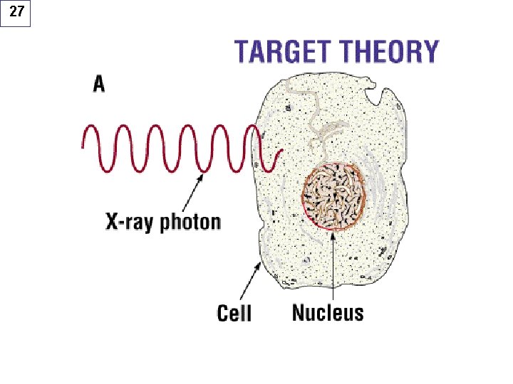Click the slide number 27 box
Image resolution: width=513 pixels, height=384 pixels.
(x=16, y=14)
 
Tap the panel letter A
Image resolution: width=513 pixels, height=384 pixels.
(x=99, y=84)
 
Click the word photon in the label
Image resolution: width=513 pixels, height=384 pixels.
(x=190, y=223)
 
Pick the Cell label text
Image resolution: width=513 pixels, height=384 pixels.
(x=234, y=313)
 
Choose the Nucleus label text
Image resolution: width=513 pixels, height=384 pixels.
(x=328, y=312)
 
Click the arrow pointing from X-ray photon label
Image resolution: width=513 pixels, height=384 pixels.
(x=192, y=193)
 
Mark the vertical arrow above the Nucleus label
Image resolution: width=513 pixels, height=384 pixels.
(x=333, y=265)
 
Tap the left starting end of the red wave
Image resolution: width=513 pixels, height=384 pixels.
(x=83, y=148)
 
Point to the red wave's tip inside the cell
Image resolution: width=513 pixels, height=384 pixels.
(x=282, y=150)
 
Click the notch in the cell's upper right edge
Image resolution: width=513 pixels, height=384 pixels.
(x=375, y=94)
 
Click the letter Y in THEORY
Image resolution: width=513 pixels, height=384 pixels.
(x=429, y=52)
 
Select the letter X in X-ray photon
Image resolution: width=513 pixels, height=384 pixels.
(x=112, y=221)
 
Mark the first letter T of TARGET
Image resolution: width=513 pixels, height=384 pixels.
(x=242, y=52)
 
